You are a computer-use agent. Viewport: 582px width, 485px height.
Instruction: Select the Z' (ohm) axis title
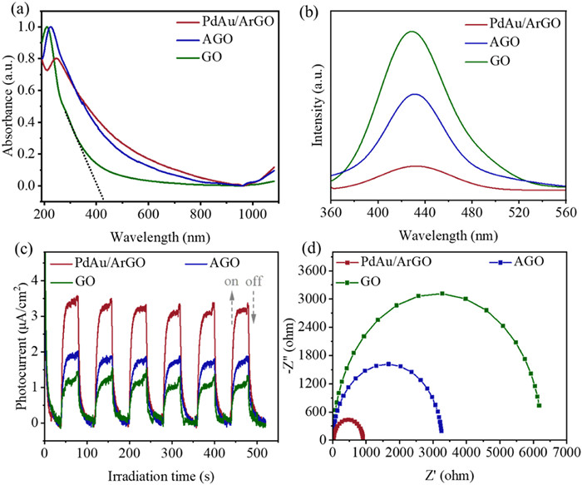450,475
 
